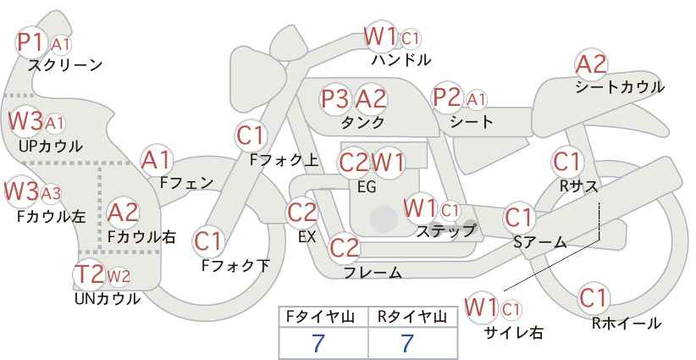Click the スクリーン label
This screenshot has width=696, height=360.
pos(65,65)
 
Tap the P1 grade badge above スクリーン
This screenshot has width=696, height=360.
pos(33,42)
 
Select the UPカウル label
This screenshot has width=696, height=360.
pos(50,146)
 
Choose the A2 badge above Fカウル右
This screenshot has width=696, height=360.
pos(124,212)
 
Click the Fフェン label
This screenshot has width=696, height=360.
pos(186,182)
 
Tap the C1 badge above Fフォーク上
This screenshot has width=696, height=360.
pos(251,135)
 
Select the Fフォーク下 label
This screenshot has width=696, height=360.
pos(235,266)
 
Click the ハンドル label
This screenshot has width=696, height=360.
pos(401,60)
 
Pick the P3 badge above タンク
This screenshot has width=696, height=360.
pos(335,99)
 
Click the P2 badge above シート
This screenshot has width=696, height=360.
pos(446,98)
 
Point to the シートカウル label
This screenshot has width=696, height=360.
pos(620,86)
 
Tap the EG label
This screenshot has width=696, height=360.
pos(367,186)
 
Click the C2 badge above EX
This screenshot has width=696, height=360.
pos(302,213)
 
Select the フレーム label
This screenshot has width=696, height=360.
pos(373,273)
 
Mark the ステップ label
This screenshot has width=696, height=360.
pos(446,230)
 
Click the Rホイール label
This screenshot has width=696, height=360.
pos(627,323)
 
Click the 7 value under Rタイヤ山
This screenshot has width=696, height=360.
pos(406,343)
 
